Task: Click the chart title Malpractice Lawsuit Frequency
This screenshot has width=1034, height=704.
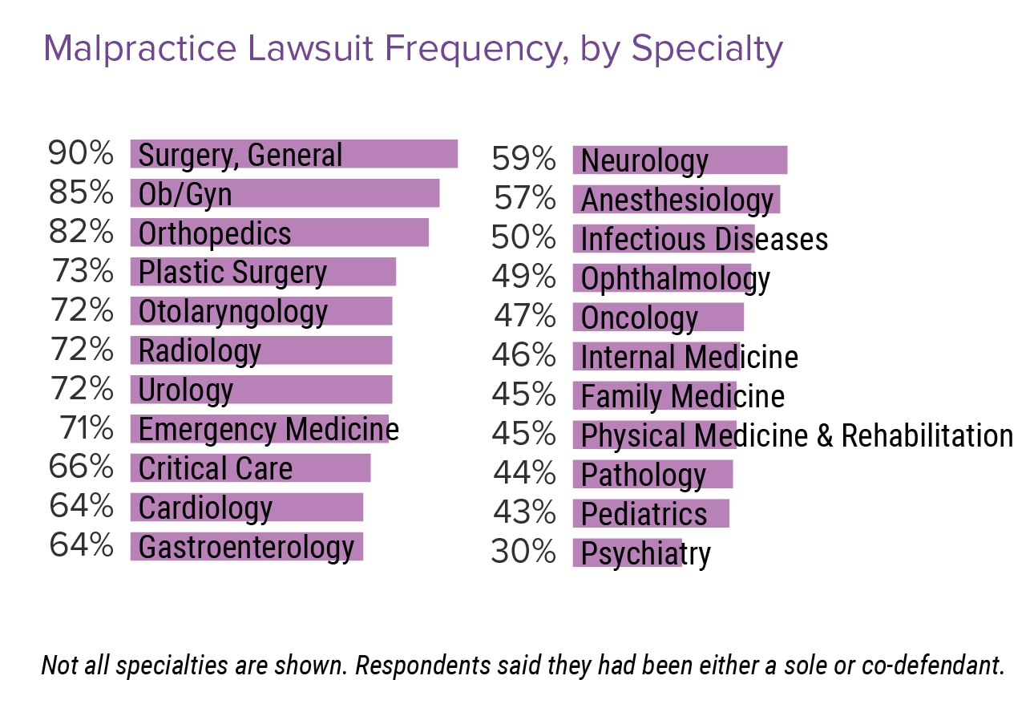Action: click(412, 50)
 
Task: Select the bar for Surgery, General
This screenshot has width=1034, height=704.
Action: click(293, 154)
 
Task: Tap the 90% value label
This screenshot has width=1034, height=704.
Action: click(81, 153)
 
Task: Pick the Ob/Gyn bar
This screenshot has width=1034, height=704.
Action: click(285, 193)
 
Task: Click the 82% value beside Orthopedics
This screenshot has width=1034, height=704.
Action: click(81, 232)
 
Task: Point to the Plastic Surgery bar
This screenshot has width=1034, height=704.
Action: click(263, 272)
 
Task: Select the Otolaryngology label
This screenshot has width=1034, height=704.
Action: click(232, 311)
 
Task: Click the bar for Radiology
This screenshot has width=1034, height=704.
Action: click(261, 350)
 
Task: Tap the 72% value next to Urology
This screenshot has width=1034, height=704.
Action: click(81, 389)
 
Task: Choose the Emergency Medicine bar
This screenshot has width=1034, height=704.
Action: click(259, 429)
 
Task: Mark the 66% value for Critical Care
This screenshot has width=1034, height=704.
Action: click(81, 467)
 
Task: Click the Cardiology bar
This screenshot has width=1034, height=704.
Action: click(246, 508)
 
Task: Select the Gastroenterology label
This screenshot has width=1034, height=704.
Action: click(246, 547)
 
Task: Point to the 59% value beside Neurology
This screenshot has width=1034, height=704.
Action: click(523, 160)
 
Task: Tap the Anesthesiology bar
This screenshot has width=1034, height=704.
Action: click(676, 200)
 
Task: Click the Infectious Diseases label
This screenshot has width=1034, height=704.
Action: click(704, 239)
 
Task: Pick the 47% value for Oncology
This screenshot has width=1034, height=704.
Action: click(523, 317)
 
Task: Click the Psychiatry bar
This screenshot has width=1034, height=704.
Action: click(627, 553)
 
